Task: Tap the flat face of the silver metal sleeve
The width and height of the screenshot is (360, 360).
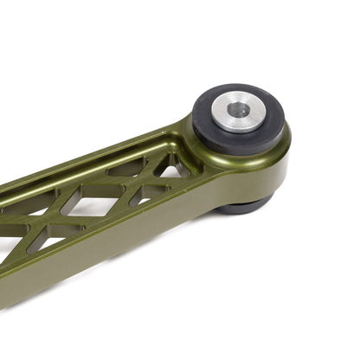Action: pyautogui.click(x=227, y=119)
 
